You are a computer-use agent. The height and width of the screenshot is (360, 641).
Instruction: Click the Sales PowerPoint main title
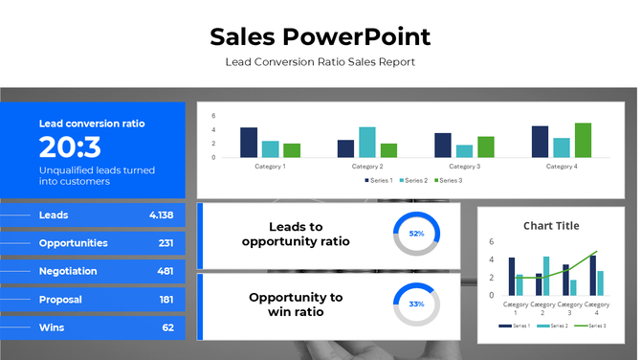coord(320,37)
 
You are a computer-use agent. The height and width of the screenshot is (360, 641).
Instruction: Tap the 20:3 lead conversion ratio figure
coord(70,146)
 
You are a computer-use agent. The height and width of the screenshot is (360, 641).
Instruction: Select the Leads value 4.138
coord(161,215)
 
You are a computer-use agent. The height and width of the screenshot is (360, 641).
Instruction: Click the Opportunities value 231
coord(166,243)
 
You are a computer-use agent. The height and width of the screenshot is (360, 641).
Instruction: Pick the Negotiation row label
coord(68,271)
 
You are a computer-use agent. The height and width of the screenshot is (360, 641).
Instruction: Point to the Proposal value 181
coord(166,300)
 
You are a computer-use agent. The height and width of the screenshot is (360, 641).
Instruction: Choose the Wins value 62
coord(167,327)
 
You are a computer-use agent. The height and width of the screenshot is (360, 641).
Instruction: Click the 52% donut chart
coord(416,234)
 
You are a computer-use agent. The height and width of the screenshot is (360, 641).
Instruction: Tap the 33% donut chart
coord(416,304)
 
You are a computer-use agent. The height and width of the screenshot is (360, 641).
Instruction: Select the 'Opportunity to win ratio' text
coord(296,304)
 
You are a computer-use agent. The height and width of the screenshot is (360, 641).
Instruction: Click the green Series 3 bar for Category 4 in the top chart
coord(583,140)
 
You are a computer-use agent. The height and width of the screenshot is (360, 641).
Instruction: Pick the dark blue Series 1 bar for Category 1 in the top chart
coord(249,142)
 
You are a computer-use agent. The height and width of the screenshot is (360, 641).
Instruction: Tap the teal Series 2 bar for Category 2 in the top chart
coord(367,142)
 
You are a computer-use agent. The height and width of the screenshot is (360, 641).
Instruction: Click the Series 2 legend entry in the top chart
coord(414,180)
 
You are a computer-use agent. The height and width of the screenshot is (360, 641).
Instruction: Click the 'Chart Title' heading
coord(551,226)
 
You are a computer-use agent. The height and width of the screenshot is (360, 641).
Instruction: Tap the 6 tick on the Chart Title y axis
coord(491,242)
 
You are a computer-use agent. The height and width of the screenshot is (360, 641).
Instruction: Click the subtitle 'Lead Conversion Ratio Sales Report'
coord(320,62)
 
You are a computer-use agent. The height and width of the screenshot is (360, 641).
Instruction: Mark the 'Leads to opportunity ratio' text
coord(296,234)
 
